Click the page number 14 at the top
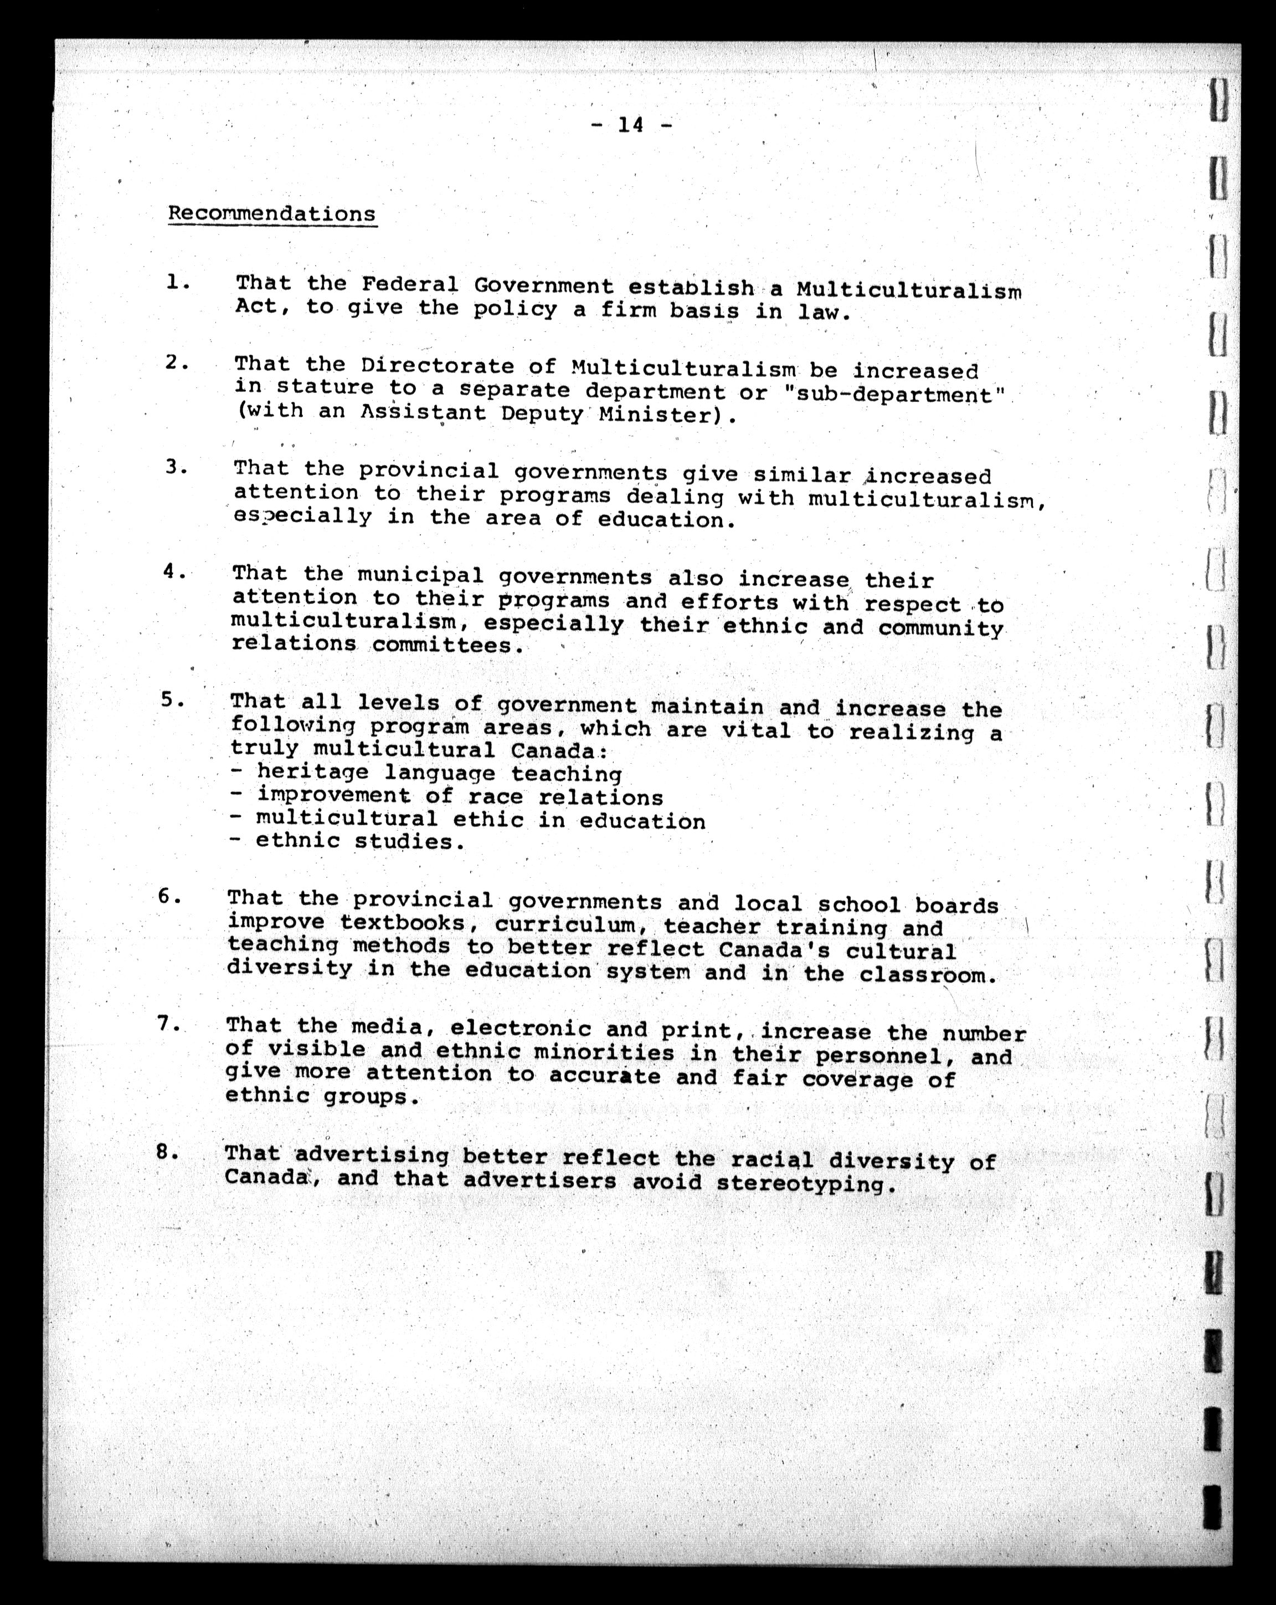630,125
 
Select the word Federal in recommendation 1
410,284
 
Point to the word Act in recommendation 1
256,306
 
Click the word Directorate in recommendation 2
438,366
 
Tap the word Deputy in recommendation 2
542,414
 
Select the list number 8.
166,1152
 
